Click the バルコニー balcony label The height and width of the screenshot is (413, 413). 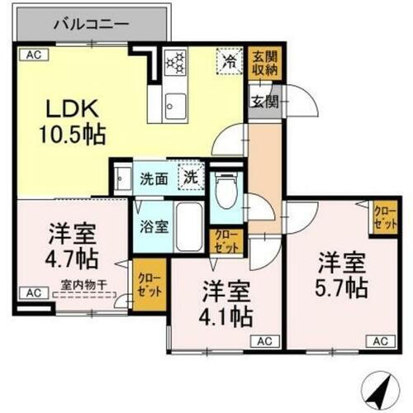91,24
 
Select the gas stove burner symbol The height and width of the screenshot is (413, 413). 177,62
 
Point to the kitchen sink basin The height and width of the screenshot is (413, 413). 176,103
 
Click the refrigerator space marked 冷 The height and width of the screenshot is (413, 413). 229,61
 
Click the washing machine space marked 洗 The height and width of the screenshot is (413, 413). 191,176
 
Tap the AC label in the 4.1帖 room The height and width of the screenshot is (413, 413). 263,339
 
